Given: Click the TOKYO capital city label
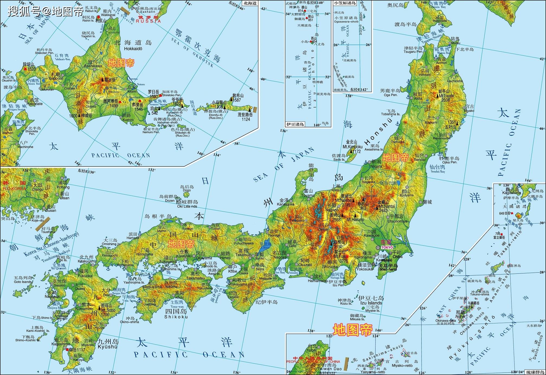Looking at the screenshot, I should (x=387, y=248).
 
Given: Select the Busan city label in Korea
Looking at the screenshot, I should (x=51, y=210).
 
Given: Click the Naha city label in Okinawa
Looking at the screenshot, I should (x=460, y=316).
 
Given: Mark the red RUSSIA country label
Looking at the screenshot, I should (x=148, y=21).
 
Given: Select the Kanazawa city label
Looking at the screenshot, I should (x=285, y=204).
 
